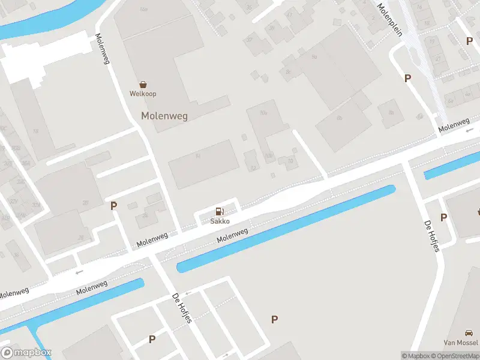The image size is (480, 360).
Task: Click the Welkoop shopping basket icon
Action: (x=143, y=85)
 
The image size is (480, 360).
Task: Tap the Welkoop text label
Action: (x=143, y=94)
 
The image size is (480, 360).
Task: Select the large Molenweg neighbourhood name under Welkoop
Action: (x=164, y=116)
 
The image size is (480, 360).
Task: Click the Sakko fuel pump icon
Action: (x=220, y=211)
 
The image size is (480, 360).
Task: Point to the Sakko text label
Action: (x=220, y=221)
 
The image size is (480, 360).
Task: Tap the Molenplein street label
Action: (x=389, y=19)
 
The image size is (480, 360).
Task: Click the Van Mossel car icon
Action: (x=469, y=333)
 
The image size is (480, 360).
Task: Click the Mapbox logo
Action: (x=26, y=353)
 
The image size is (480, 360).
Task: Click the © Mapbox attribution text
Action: (x=415, y=356)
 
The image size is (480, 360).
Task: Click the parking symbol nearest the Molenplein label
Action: (x=407, y=78)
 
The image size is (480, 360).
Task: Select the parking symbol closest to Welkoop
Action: (x=113, y=206)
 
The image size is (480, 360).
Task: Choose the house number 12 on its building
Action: (x=253, y=168)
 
